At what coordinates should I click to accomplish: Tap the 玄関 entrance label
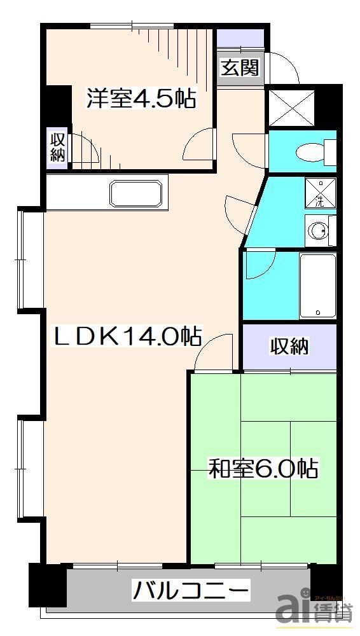point(240,67)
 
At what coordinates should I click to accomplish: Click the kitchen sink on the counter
point(136,192)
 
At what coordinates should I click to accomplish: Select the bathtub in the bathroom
point(317,286)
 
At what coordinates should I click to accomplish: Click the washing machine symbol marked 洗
point(319,193)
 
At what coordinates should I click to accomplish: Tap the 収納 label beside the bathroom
point(290,347)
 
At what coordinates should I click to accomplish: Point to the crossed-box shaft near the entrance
point(291,107)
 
